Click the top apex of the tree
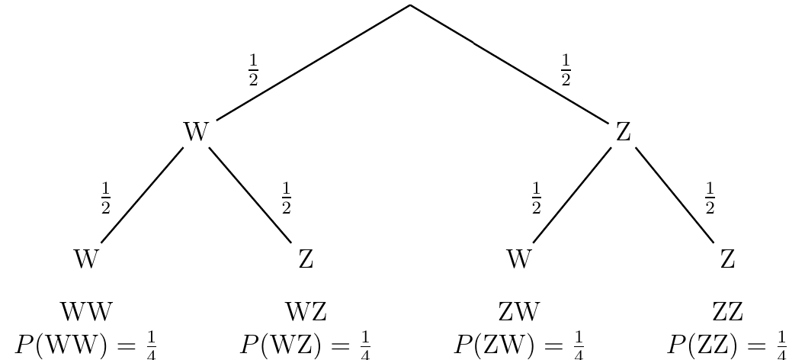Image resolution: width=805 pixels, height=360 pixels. [x=410, y=5]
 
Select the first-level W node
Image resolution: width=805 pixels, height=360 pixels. [x=196, y=131]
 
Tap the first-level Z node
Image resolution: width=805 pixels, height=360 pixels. [x=624, y=131]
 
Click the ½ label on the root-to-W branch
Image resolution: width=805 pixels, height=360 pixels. [x=253, y=70]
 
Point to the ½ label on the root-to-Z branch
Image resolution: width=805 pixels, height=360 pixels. [x=565, y=70]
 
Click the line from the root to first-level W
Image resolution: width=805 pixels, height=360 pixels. [x=313, y=63]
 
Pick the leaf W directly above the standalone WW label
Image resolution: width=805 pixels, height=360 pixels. [x=85, y=259]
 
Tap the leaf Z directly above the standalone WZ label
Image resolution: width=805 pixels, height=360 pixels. [x=306, y=259]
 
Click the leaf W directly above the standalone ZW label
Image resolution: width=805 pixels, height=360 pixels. [x=518, y=259]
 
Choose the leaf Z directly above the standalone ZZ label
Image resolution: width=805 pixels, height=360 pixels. [x=727, y=259]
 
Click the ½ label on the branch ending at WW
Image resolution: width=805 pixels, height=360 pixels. [x=105, y=199]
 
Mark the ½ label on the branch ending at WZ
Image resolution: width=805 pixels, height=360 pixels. [x=286, y=199]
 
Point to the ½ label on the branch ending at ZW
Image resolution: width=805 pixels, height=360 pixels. [x=536, y=199]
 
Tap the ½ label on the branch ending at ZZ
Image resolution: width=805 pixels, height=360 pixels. [x=710, y=199]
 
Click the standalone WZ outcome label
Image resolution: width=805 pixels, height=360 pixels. [x=306, y=312]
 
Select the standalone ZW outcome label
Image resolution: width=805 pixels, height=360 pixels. [x=519, y=312]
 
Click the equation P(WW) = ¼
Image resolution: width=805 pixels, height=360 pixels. [x=85, y=345]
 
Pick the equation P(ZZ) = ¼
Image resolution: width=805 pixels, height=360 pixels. [x=727, y=345]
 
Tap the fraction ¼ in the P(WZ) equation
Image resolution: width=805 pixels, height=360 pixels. [x=364, y=345]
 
